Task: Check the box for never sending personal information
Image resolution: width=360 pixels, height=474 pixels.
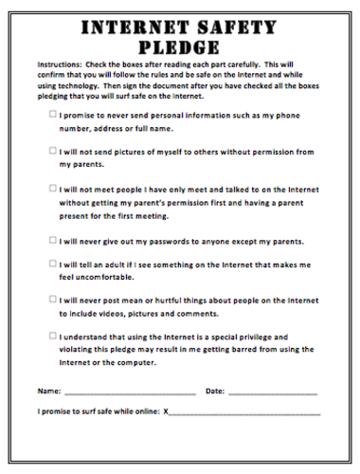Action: [53, 114]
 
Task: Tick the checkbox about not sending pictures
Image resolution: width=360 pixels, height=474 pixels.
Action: [53, 150]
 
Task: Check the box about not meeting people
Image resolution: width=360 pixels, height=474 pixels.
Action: [53, 188]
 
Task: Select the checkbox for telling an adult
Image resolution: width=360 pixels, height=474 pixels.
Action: [53, 262]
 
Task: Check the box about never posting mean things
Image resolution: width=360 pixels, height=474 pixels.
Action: [53, 299]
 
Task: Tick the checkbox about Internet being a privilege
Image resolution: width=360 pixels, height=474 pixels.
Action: [53, 335]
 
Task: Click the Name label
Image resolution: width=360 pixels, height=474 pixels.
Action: [48, 390]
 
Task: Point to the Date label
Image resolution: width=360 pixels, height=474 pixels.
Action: [215, 390]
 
